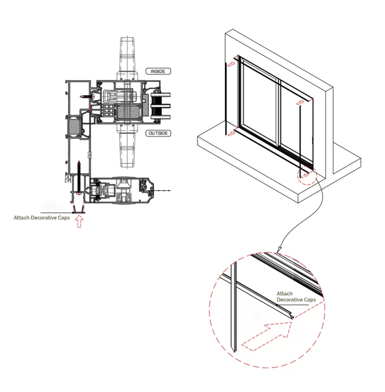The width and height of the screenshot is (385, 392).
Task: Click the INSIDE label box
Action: [158, 71]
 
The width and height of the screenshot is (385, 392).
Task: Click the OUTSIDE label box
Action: [158, 133]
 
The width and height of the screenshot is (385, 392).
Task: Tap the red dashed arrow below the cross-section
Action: [79, 221]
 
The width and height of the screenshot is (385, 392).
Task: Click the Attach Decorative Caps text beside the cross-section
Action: [42, 218]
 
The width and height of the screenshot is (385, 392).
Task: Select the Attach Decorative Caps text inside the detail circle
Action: [296, 297]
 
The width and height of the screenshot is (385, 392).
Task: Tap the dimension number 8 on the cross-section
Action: [68, 178]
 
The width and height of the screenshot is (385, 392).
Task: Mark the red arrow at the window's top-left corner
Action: [231, 65]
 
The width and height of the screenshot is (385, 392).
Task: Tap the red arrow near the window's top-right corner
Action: [301, 101]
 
